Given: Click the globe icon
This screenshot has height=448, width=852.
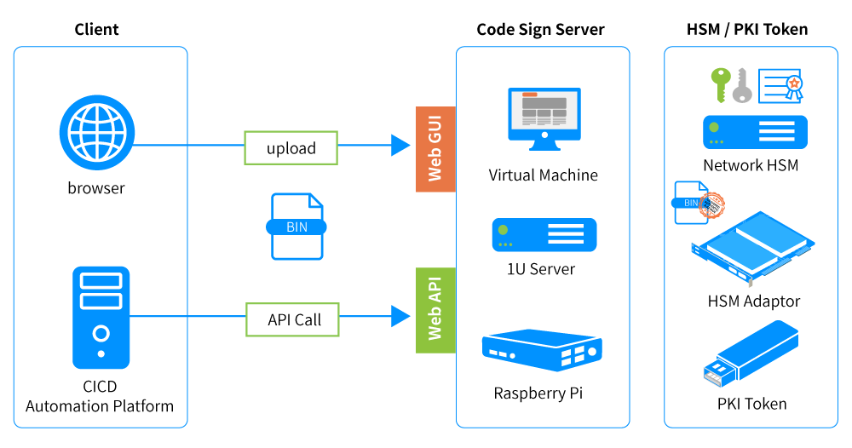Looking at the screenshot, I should [97, 132].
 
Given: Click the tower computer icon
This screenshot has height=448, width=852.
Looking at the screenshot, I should [101, 317].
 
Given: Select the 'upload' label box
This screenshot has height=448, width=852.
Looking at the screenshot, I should [291, 148].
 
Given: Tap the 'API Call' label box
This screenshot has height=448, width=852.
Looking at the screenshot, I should [293, 319].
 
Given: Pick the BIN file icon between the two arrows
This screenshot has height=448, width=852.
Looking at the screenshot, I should [297, 226].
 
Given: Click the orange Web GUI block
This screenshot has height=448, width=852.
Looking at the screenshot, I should [435, 149].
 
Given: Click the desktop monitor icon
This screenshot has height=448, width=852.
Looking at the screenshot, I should [544, 118].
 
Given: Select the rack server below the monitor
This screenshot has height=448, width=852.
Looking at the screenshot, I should [544, 234].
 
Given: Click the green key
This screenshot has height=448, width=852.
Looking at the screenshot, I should [721, 83].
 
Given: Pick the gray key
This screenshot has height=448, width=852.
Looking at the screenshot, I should [742, 85].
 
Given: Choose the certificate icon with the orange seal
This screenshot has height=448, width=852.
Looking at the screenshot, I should [780, 85].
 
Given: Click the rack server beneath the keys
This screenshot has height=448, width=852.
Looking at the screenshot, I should [755, 132].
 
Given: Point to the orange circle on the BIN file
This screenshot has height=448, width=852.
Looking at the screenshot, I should [712, 204].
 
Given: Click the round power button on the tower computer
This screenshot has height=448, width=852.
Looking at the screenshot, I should [101, 333].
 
